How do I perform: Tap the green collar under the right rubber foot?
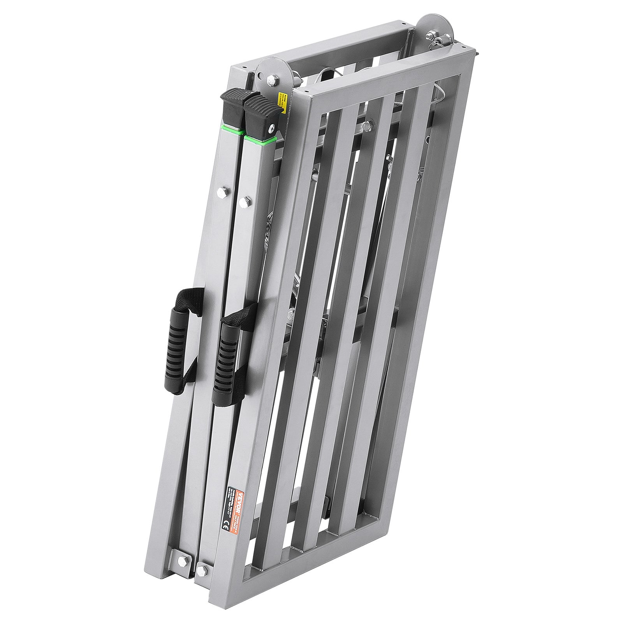point(260,137)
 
